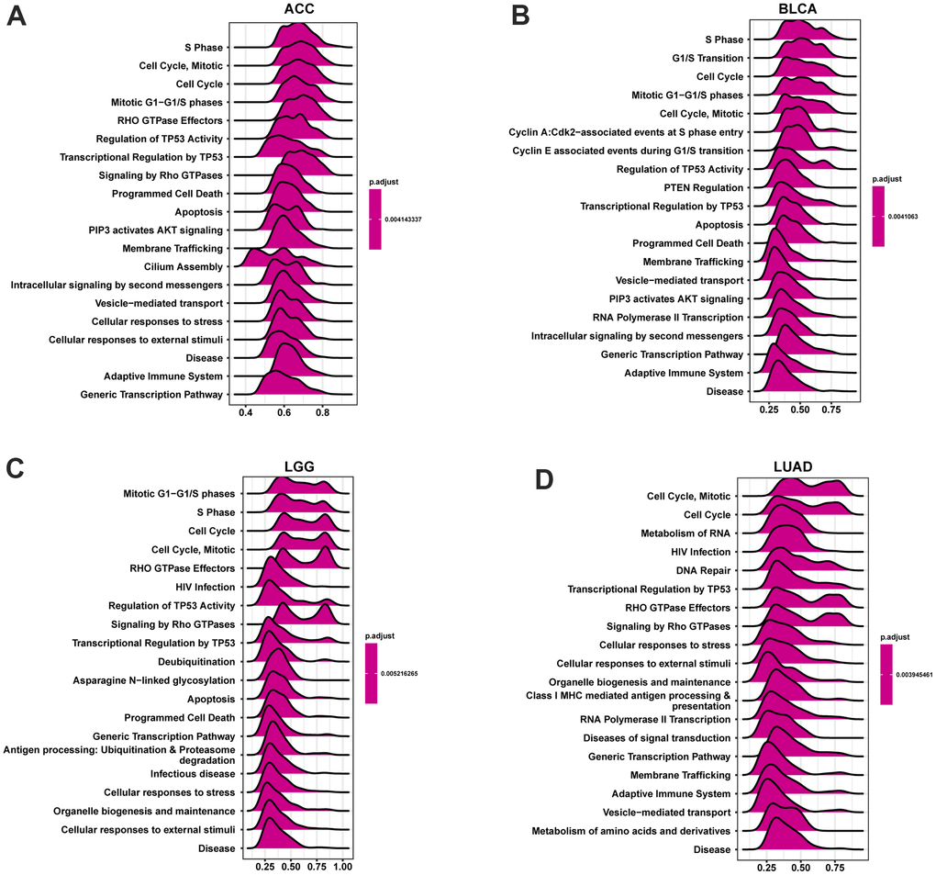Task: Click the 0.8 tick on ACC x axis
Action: (322, 414)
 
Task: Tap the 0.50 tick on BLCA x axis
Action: (800, 407)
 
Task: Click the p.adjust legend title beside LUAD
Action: (896, 636)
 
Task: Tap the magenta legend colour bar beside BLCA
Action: (878, 217)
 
